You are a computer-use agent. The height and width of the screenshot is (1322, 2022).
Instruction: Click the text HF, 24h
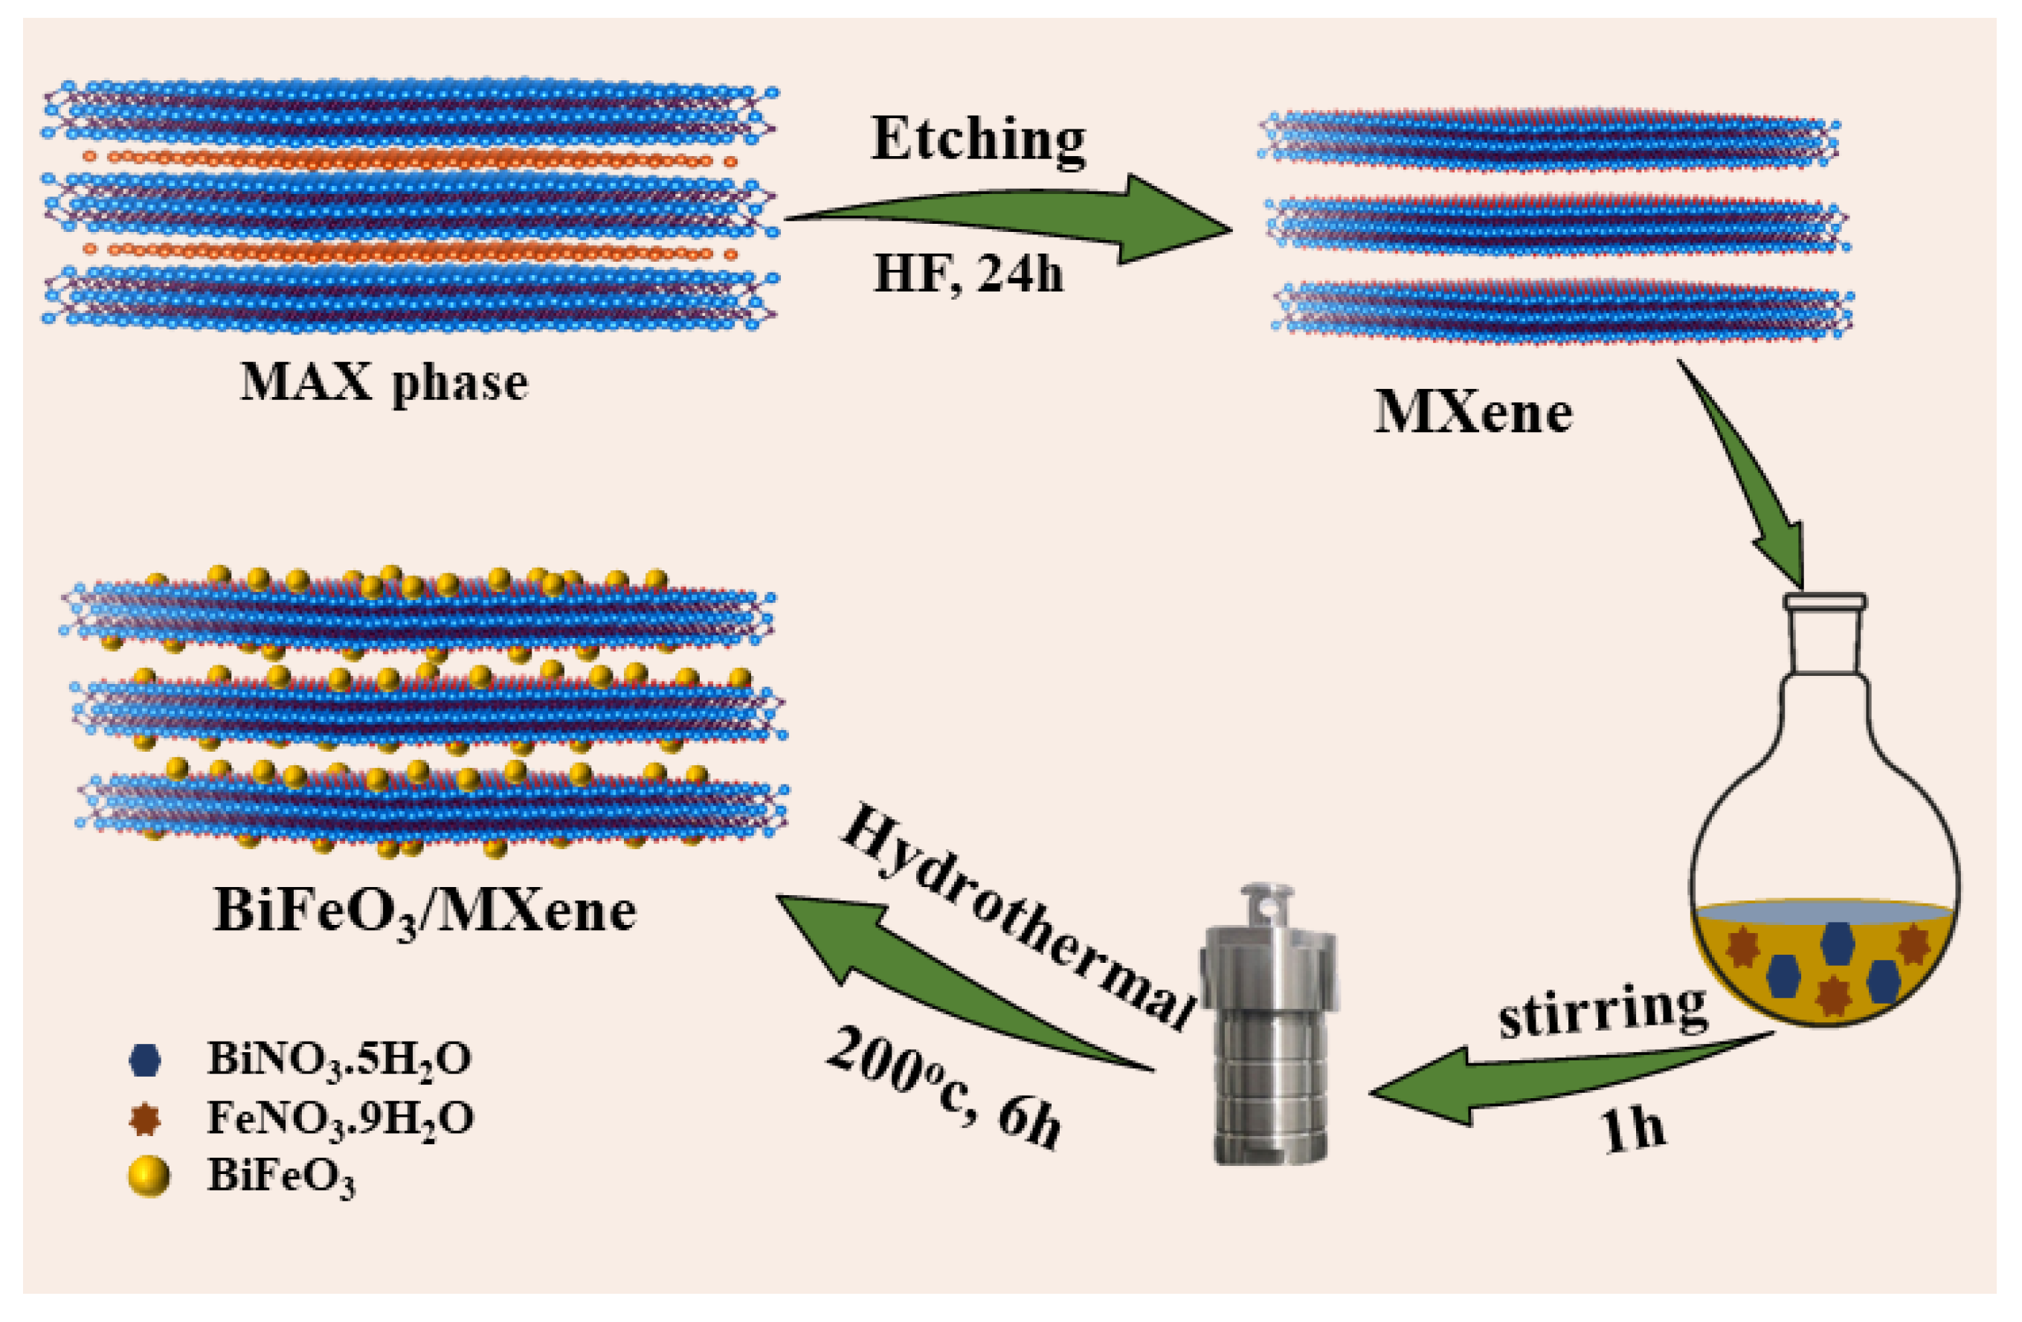pos(967,274)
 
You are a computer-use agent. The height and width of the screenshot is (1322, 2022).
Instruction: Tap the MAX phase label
pos(384,381)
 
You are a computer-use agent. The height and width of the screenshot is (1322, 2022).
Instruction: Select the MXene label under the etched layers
pos(1473,413)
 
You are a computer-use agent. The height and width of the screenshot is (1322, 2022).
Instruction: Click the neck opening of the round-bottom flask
pos(1825,602)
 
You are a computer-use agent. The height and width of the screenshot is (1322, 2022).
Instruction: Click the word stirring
pos(1601,1010)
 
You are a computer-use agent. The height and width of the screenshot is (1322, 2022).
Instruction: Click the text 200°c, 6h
pos(943,1088)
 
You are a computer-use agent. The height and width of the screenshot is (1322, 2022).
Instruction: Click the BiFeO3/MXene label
pos(425,912)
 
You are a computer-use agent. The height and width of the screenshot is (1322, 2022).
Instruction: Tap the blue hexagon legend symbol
pos(145,1060)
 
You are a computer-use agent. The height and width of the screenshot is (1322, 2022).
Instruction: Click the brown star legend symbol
pos(145,1119)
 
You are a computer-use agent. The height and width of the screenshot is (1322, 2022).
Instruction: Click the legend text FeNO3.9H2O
pos(340,1119)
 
